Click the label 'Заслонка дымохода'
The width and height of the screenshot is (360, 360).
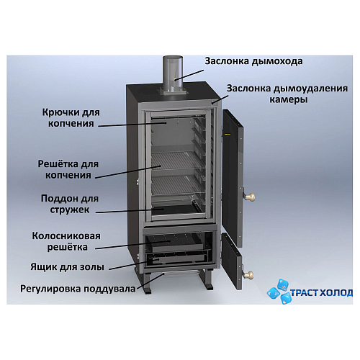tap(253, 61)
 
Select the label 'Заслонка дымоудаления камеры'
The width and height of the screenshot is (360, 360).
tap(287, 94)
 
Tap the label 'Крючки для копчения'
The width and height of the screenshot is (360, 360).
tap(71, 118)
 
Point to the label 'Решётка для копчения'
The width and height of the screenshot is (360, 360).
tap(68, 169)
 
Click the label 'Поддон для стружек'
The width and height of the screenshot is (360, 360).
tap(70, 204)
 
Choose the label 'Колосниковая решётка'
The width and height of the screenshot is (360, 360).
tap(66, 241)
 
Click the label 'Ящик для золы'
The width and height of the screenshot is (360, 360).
tap(68, 267)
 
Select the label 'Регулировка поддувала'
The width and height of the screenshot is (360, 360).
tap(78, 289)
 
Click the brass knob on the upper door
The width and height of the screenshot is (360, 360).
tap(250, 197)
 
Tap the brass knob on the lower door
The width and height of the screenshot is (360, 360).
tap(248, 274)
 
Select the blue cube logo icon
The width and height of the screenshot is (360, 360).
tap(279, 291)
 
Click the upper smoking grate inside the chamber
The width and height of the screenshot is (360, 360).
tap(177, 160)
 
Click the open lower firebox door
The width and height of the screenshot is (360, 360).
tap(232, 261)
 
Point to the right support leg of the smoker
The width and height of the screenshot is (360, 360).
tap(207, 279)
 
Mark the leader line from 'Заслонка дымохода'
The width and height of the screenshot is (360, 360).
tap(189, 75)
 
